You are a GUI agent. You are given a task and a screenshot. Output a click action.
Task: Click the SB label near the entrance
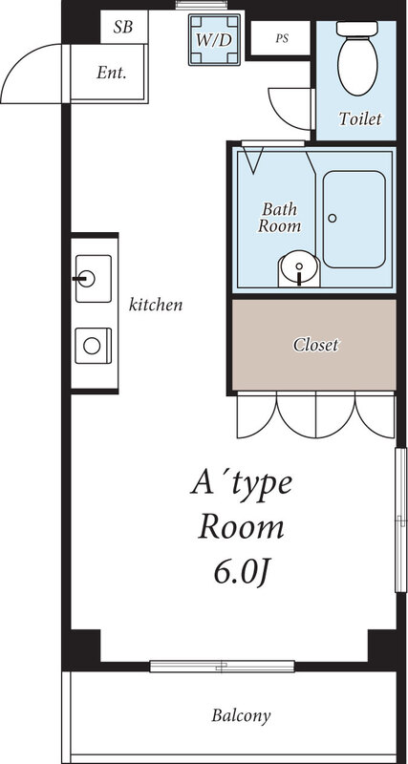pyautogui.click(x=123, y=27)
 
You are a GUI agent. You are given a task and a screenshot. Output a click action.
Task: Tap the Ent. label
pyautogui.click(x=112, y=73)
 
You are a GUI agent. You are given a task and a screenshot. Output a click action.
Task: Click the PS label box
pyautogui.click(x=281, y=39)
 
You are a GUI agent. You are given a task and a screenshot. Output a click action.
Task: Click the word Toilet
pyautogui.click(x=361, y=119)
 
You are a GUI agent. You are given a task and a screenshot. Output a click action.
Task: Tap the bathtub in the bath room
pyautogui.click(x=354, y=219)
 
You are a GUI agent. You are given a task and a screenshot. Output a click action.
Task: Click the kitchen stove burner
pyautogui.click(x=93, y=344)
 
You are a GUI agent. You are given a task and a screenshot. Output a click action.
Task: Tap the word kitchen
pyautogui.click(x=156, y=306)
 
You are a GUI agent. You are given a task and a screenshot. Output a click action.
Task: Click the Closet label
pyautogui.click(x=314, y=345)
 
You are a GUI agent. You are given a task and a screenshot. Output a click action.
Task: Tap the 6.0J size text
pyautogui.click(x=241, y=574)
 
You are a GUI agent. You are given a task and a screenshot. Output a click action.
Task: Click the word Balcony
pyautogui.click(x=241, y=715)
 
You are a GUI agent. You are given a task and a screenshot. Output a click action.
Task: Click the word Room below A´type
pyautogui.click(x=241, y=527)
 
